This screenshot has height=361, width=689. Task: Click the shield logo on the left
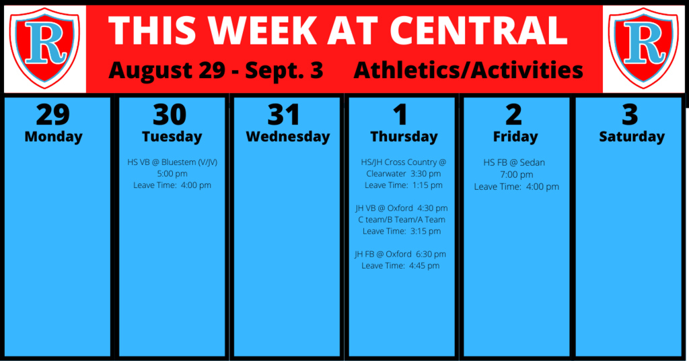45,48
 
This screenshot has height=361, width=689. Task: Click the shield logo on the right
644,48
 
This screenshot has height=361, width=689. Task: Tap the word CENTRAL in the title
478,30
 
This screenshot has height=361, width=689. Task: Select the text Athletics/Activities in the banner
468,70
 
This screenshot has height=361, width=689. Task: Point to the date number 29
53,114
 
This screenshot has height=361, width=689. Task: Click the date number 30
170,114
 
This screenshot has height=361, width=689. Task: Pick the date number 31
284,114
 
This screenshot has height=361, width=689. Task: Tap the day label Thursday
404,137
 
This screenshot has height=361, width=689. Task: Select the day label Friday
515,137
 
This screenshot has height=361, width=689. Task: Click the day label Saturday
632,137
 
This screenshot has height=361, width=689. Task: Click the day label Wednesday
288,137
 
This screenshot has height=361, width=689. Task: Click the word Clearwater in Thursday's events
386,174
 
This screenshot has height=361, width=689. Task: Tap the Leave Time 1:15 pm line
404,185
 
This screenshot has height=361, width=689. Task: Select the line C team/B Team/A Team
402,220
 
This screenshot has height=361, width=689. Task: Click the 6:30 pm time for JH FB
431,254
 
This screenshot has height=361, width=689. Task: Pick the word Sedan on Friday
532,163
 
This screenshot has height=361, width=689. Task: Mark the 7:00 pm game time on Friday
517,175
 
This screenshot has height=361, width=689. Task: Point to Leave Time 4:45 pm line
400,265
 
